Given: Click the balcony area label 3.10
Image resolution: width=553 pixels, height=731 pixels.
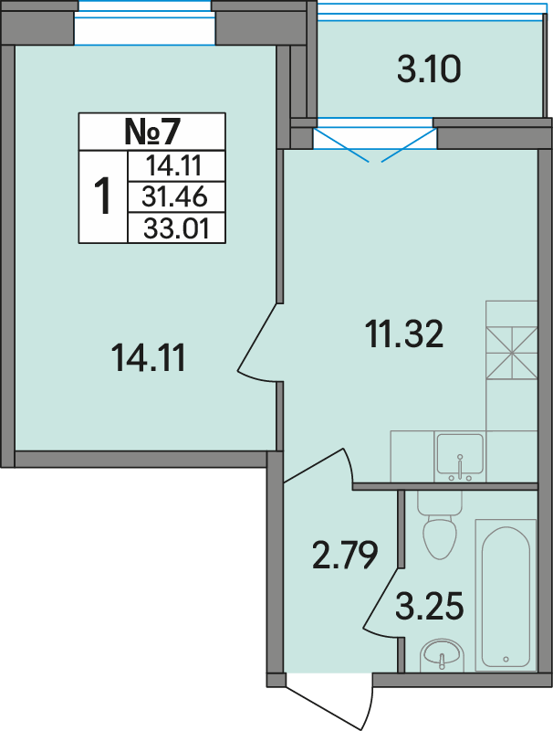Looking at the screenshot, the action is (x=429, y=69).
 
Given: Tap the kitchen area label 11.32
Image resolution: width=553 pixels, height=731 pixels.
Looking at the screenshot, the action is (x=404, y=334).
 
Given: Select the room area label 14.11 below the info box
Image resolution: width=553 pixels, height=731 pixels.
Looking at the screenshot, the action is (x=149, y=357).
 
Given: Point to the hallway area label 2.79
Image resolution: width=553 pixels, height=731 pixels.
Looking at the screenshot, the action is (x=344, y=555).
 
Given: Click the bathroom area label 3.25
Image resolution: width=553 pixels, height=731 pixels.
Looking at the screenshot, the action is (x=429, y=606).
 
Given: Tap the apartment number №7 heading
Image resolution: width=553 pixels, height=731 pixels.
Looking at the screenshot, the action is (x=151, y=132).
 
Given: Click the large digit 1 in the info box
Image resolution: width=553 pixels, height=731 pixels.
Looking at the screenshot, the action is (x=102, y=196).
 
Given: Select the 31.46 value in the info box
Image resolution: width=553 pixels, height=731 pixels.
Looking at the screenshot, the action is (x=174, y=197).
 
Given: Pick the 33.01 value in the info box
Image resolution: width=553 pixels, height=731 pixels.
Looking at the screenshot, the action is (x=176, y=229).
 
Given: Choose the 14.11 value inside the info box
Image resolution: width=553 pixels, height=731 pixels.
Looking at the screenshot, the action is (x=174, y=166).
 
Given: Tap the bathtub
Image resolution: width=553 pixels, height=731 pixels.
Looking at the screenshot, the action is (x=506, y=595).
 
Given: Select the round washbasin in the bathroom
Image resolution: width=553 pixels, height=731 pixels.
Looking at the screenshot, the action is (x=442, y=656).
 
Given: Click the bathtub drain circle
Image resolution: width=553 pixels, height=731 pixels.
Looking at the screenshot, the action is (x=506, y=659).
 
